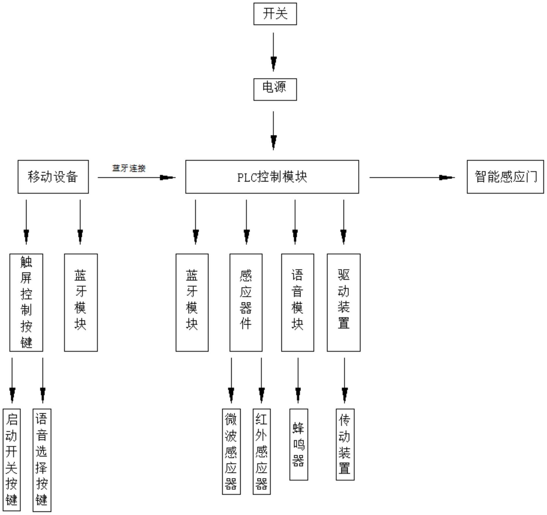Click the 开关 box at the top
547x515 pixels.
(x=275, y=14)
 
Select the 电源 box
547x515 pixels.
(x=275, y=89)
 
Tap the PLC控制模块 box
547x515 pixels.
(x=272, y=177)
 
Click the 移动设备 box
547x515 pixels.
(x=53, y=177)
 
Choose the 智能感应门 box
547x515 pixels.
(x=505, y=177)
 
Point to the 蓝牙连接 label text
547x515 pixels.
(x=129, y=168)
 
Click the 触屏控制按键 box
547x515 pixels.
(x=26, y=302)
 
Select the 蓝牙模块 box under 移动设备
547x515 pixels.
(x=81, y=302)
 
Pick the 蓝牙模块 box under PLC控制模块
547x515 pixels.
(x=192, y=302)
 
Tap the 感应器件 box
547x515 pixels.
(x=246, y=302)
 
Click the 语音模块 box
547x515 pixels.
(x=297, y=302)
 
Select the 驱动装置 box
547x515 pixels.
(x=344, y=302)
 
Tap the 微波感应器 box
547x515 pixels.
(x=231, y=451)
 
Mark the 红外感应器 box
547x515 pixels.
(x=261, y=451)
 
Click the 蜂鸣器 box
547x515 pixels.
(x=298, y=444)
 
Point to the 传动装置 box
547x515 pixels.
(x=345, y=444)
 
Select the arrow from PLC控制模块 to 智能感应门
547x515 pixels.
(x=412, y=177)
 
